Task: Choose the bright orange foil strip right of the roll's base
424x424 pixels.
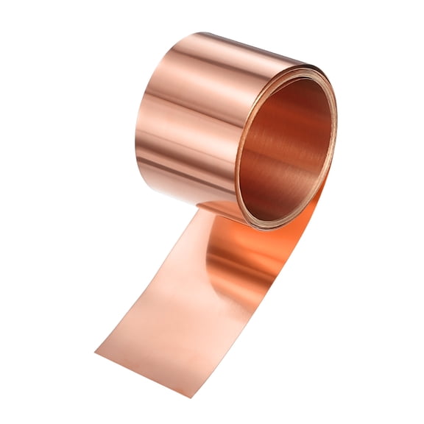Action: tap(309, 213)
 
